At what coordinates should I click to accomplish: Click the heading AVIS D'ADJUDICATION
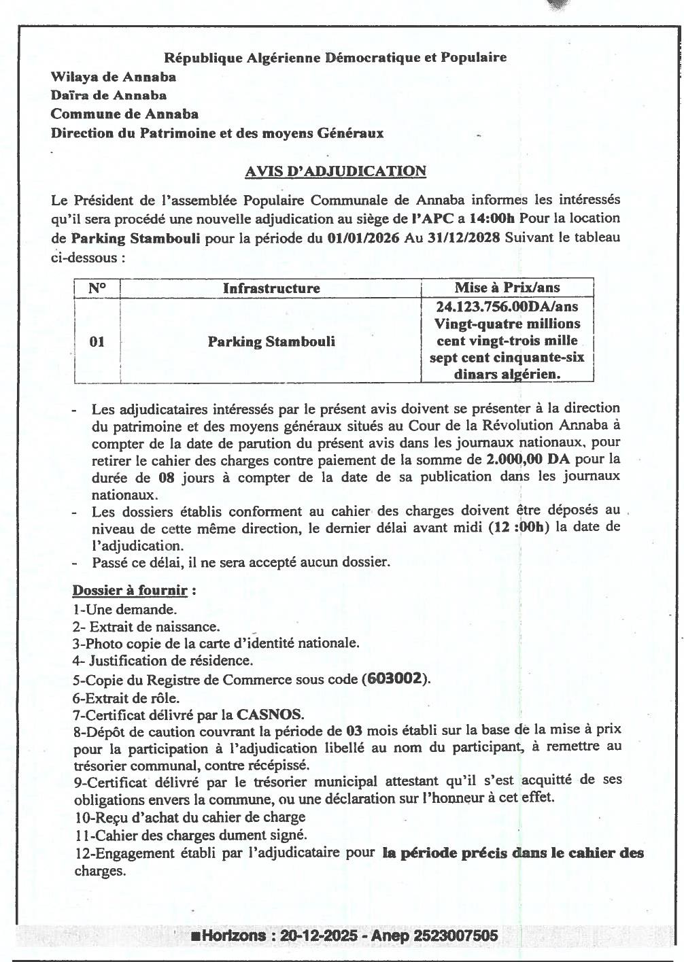coord(335,171)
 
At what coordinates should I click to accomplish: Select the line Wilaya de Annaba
coord(114,77)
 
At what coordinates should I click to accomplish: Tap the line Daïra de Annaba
coord(109,96)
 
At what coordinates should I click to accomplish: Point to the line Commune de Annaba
coord(124,114)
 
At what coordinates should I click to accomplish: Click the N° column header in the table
coord(97,288)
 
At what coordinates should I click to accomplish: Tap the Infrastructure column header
coord(271,288)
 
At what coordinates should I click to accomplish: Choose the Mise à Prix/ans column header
coord(507,288)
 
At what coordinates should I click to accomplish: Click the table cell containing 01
coord(97,341)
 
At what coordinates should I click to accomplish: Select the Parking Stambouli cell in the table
coord(271,341)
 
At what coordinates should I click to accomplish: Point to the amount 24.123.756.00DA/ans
coord(507,307)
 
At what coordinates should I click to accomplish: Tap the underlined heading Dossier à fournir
coord(129,590)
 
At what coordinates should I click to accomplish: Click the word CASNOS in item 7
coord(269,715)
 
